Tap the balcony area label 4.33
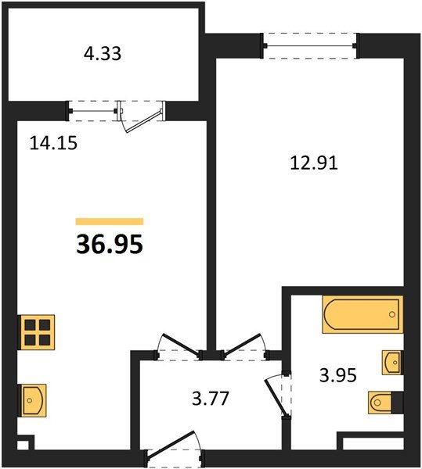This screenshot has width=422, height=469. tap(102, 55)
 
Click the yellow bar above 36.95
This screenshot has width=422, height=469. tap(109, 221)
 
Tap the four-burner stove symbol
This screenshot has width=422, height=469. tap(37, 331)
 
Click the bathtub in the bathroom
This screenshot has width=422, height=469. tap(362, 315)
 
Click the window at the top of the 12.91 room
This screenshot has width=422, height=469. tap(311, 45)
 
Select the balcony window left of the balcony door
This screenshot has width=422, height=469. tap(92, 110)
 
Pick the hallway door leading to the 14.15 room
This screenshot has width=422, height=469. tap(178, 347)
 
